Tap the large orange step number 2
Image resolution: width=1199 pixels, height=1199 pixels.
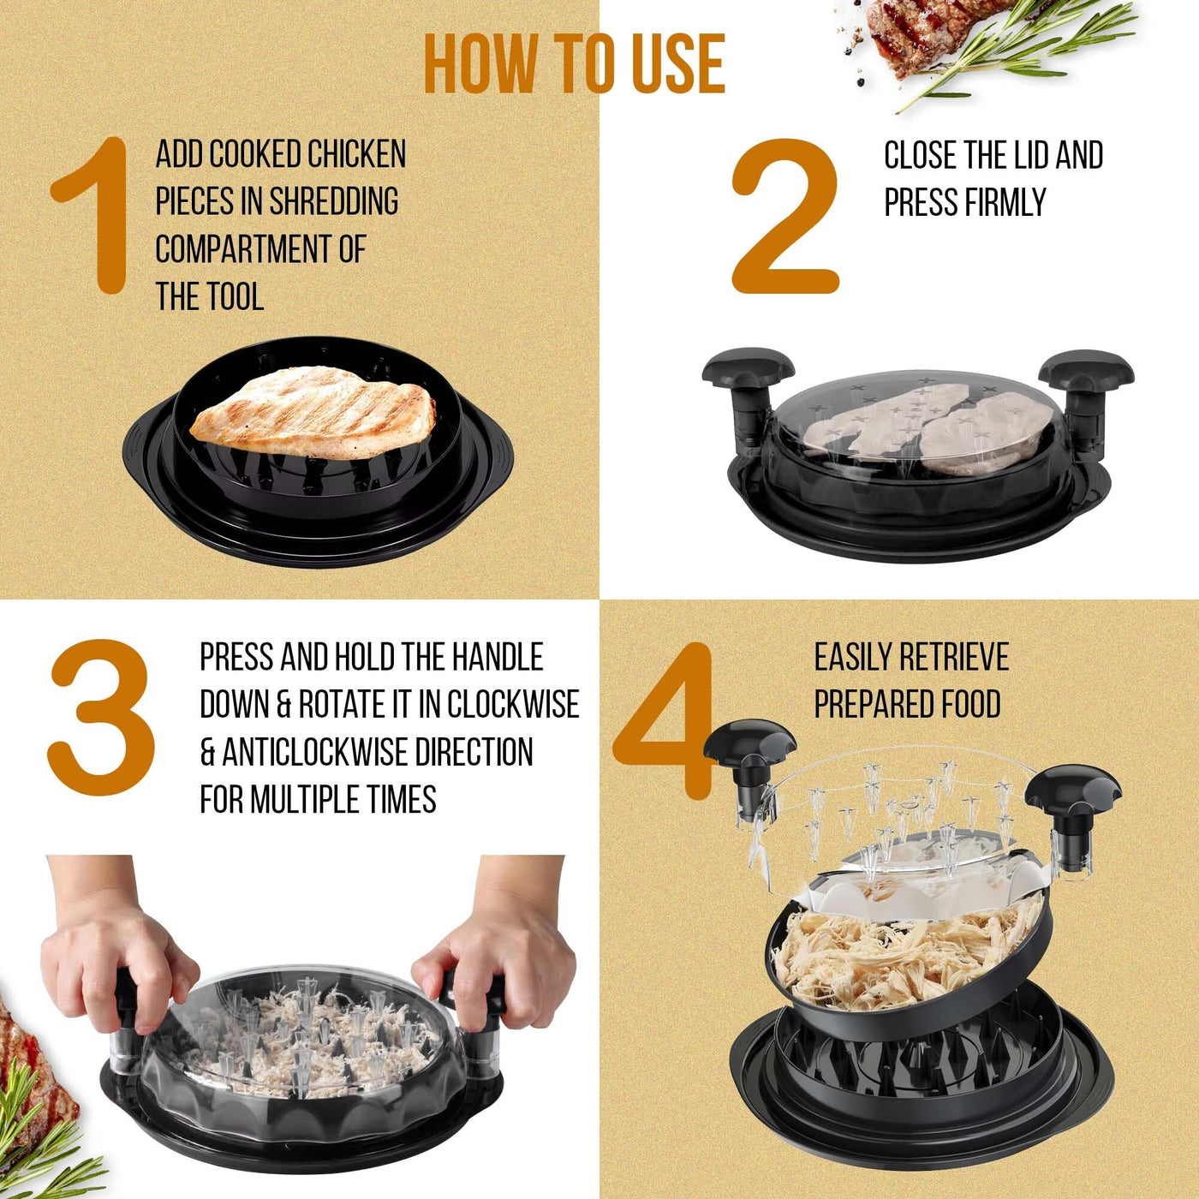pyautogui.click(x=785, y=215)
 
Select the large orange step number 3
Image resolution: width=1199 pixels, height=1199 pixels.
pyautogui.click(x=101, y=717)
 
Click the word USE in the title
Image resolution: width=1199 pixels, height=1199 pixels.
pyautogui.click(x=679, y=64)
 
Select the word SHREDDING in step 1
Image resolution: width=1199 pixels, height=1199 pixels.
pyautogui.click(x=333, y=201)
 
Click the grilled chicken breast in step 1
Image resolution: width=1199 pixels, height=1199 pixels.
pyautogui.click(x=313, y=411)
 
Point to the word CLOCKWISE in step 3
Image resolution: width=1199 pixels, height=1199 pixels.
pyautogui.click(x=513, y=704)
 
